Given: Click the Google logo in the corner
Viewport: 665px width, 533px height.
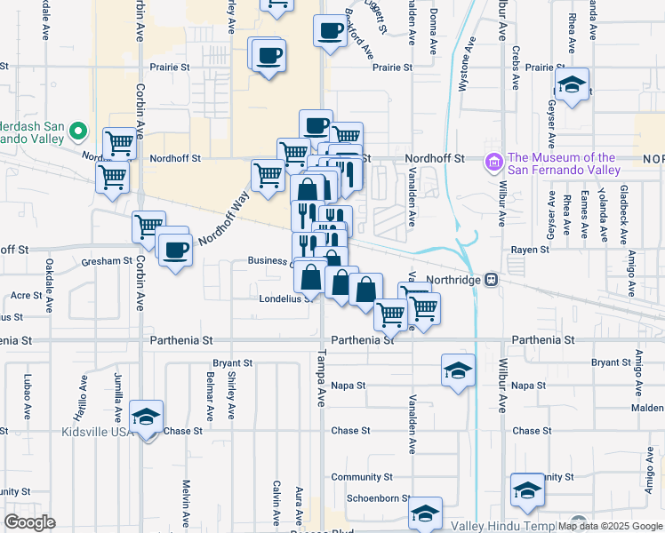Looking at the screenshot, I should (30, 522).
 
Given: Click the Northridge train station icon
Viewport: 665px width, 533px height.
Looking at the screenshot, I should (491, 279).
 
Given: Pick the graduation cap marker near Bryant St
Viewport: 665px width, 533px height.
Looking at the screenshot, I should (458, 370).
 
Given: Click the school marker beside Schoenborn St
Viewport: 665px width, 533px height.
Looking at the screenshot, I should (426, 513).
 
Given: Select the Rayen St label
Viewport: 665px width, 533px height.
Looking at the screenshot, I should (527, 251).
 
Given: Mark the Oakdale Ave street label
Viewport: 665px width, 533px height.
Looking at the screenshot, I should (49, 276).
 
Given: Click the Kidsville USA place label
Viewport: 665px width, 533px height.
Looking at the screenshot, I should (96, 432).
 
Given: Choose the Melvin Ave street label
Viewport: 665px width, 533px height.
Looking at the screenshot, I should (187, 502).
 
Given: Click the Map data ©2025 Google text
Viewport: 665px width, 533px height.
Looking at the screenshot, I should (610, 525).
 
